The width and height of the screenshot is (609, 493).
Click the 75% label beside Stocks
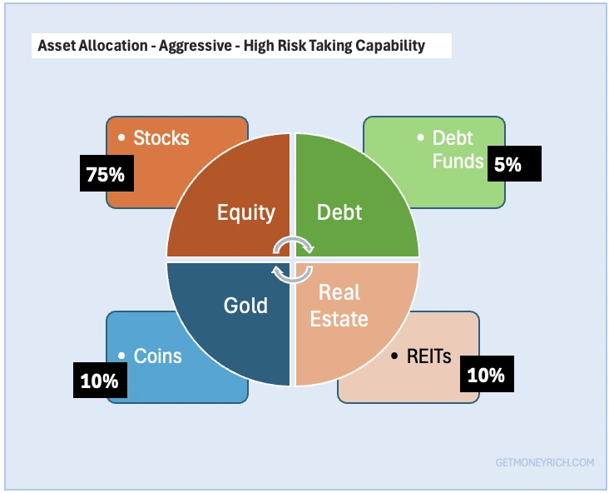tap(106, 173)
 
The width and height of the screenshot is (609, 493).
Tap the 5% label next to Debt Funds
tap(514, 164)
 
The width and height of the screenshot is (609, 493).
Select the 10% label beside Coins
tap(100, 381)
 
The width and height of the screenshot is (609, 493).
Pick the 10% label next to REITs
tap(487, 374)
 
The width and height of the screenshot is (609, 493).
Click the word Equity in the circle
tap(246, 212)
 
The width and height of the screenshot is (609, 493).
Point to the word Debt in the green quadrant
tap(339, 212)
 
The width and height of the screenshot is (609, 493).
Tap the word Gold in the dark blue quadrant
tap(245, 305)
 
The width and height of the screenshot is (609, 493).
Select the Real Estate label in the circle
tap(339, 306)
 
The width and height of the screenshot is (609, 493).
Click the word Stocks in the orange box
tap(161, 137)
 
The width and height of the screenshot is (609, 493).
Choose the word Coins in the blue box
tap(158, 356)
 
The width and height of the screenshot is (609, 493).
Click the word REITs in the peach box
tap(428, 356)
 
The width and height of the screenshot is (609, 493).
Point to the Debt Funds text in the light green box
tap(458, 149)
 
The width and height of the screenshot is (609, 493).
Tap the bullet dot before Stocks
tap(121, 137)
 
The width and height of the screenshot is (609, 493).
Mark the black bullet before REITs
tap(394, 356)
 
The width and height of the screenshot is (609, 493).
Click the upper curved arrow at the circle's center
tap(294, 239)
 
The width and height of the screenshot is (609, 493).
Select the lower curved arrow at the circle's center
tap(293, 280)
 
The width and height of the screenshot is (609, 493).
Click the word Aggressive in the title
tap(196, 46)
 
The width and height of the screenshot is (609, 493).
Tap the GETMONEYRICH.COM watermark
tap(545, 462)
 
